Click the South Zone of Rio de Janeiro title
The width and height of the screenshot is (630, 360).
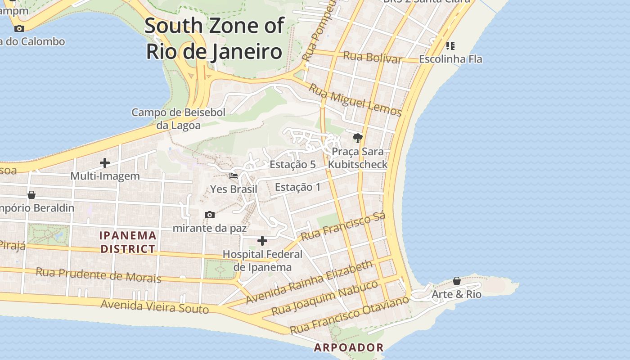214,39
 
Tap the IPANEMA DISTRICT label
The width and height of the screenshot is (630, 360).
128,242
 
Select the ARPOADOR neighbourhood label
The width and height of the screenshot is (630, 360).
349,347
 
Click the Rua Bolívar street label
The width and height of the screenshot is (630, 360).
372,58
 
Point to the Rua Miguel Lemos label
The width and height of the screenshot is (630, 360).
355,100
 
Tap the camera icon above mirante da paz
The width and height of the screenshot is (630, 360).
210,215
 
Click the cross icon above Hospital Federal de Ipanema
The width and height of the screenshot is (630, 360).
262,241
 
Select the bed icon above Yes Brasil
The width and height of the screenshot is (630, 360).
234,176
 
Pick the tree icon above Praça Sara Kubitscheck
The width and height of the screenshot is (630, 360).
358,138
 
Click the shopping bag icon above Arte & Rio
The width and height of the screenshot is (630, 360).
457,281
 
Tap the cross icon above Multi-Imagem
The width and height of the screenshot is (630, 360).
105,162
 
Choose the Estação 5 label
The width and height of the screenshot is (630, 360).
292,165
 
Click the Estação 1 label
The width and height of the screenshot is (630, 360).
298,187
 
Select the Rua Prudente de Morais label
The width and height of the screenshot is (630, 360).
98,274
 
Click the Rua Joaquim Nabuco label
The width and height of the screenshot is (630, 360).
324,298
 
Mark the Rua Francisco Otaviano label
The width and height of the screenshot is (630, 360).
350,315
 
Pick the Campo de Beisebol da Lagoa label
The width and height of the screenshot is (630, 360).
178,119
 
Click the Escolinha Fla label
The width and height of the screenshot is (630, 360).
450,59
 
